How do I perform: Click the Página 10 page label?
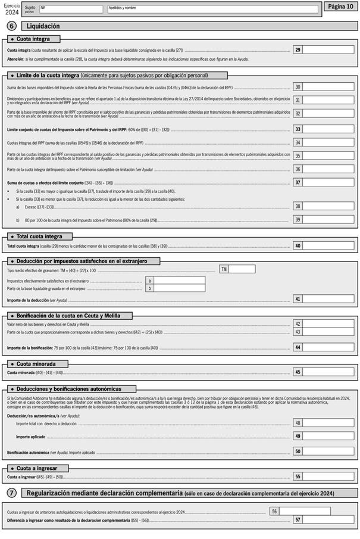click(340, 6)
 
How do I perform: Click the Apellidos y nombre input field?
click(212, 10)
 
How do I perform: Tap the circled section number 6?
click(11, 26)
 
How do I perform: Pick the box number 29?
click(298, 50)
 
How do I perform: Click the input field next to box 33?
click(328, 129)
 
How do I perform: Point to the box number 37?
click(298, 182)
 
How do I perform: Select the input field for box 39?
click(328, 220)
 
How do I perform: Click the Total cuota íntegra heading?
click(40, 236)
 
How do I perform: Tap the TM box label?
click(224, 269)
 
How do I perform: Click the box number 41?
click(298, 299)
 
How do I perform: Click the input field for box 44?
click(328, 347)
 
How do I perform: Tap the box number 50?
click(298, 451)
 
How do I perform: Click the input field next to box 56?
click(304, 511)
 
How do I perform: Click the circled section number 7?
click(11, 493)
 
